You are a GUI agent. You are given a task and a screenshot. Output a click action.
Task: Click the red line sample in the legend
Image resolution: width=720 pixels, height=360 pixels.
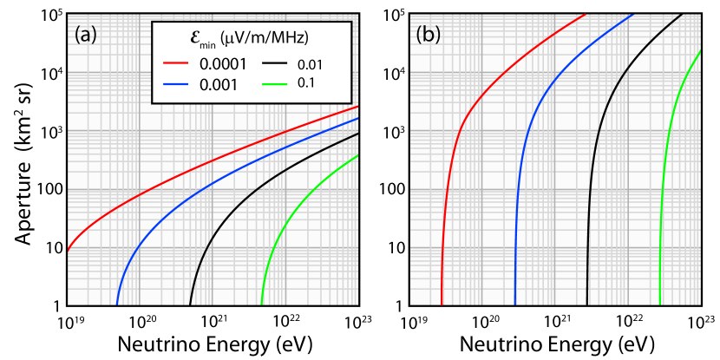tap(176, 64)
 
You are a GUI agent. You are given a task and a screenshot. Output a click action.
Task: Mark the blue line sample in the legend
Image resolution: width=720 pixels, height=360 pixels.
tap(176, 84)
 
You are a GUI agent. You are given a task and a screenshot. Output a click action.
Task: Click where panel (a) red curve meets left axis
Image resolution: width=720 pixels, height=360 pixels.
tap(69, 249)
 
